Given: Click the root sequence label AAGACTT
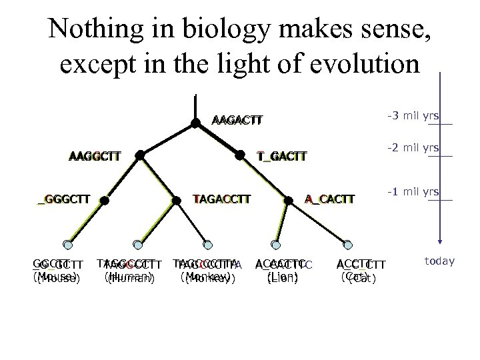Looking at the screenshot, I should point(237,121).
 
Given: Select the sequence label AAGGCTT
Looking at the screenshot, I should point(95,157).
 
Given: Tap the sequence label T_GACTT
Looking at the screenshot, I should point(281,157).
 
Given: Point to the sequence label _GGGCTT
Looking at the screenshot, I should point(64,199).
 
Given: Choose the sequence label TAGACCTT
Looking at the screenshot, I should point(221,198).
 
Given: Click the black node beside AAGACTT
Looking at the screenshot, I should point(195,123).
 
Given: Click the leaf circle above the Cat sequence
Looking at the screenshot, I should point(346,244).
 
